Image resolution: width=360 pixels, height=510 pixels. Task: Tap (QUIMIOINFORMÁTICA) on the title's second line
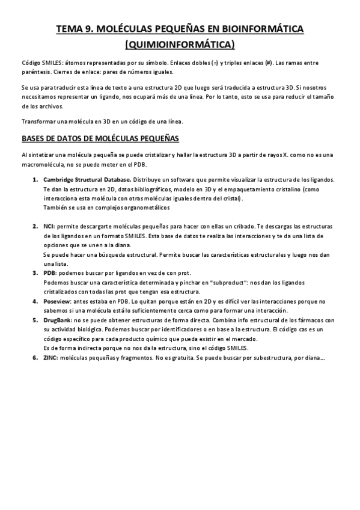click(x=180, y=44)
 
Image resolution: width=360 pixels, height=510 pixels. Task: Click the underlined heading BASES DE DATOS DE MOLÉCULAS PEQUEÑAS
click(x=100, y=138)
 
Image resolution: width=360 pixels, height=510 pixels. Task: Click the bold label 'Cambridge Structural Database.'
click(x=87, y=180)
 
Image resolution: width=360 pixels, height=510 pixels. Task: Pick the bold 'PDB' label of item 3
click(x=50, y=272)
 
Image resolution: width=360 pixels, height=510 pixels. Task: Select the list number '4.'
click(x=35, y=300)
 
